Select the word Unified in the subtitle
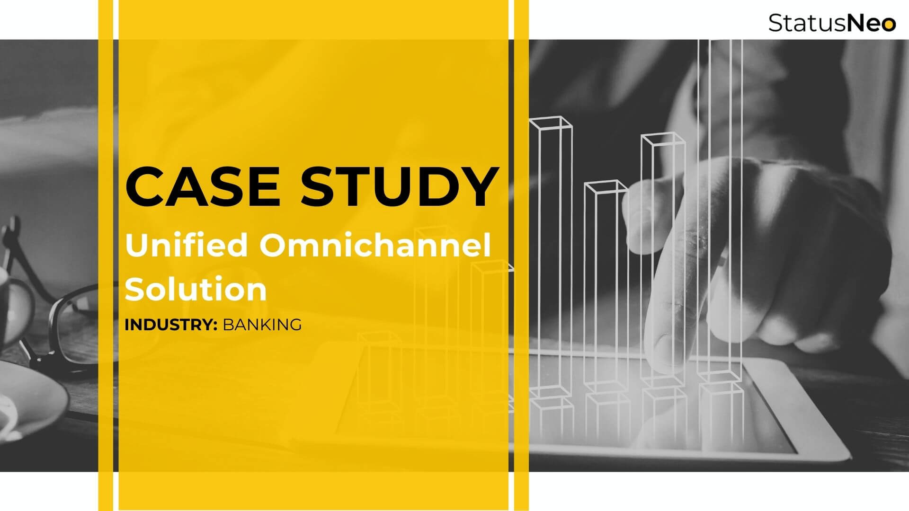187,246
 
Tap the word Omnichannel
375,246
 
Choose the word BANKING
262,325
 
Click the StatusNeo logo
832,23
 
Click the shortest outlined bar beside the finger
606,284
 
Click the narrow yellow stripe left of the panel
105,255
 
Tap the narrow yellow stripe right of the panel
521,255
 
